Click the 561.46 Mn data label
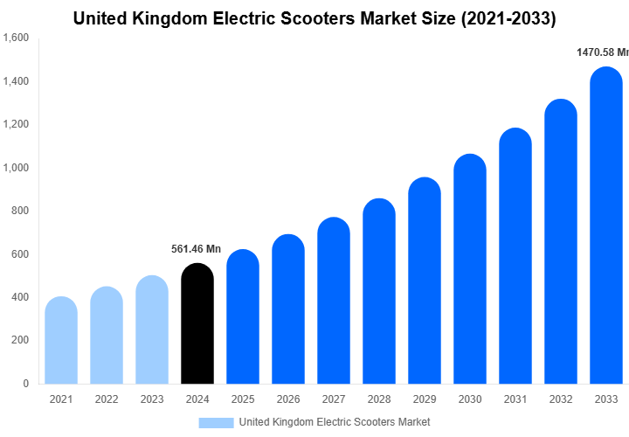point(196,249)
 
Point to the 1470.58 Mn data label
point(602,52)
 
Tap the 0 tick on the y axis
point(25,384)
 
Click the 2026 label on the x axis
point(287,399)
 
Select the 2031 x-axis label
point(515,399)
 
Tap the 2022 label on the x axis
point(107,399)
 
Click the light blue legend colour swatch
point(216,422)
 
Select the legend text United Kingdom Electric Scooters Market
point(334,422)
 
